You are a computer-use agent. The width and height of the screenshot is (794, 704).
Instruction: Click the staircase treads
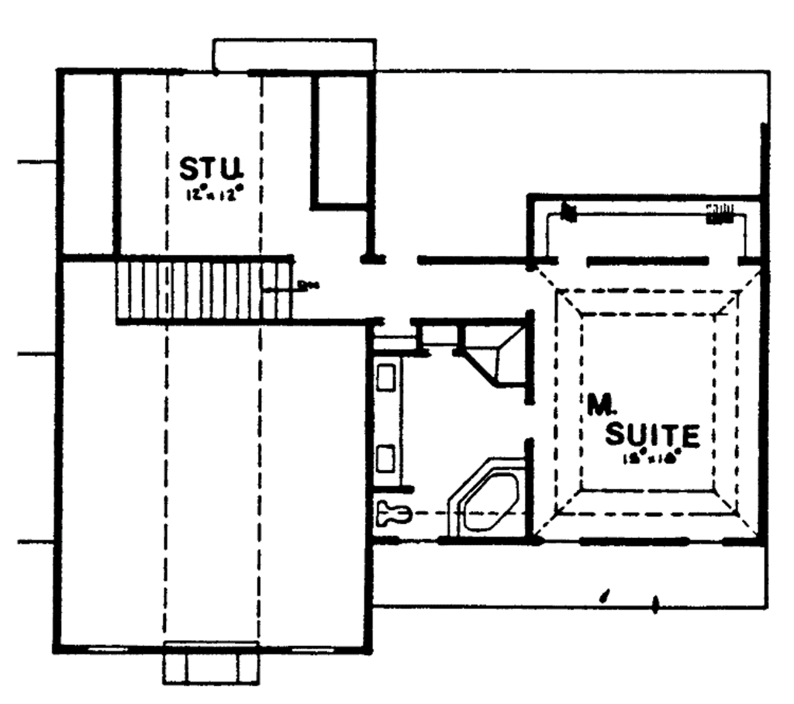click(203, 291)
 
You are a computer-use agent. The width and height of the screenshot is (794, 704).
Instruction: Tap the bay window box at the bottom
click(210, 664)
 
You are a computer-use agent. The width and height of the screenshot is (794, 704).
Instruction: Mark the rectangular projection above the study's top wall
click(294, 55)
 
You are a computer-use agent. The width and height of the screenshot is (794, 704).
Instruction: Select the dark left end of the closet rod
click(568, 212)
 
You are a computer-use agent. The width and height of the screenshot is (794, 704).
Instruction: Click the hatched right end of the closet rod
click(719, 212)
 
